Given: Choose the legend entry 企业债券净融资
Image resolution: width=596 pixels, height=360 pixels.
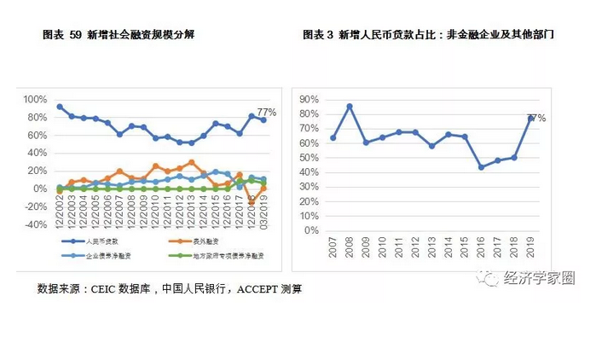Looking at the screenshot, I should pos(94,256).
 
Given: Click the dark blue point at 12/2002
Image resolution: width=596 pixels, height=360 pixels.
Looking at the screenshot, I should pos(59,107).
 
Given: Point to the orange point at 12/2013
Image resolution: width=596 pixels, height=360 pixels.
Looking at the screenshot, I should pos(191,162).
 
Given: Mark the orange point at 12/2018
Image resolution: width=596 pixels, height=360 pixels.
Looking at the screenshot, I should pos(252,202).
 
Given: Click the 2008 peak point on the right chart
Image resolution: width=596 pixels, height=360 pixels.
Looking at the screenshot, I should pos(350,107).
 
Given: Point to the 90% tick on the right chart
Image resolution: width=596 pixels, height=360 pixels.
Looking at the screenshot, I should pos(310,99).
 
